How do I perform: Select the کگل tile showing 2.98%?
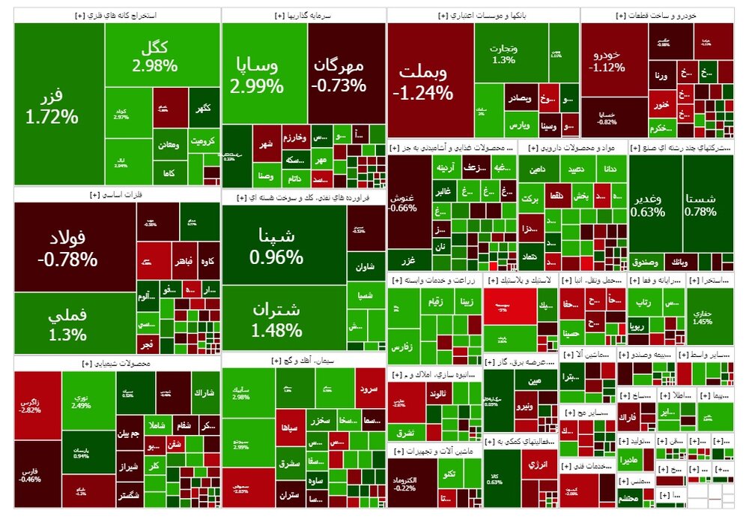(x=155, y=56)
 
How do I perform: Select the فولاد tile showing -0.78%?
(x=71, y=247)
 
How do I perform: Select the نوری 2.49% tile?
(x=82, y=401)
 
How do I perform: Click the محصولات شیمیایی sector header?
(x=116, y=364)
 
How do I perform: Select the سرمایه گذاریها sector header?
(x=304, y=15)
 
